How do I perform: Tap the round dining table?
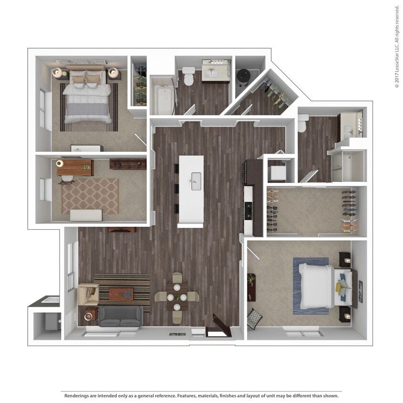(x=177, y=297)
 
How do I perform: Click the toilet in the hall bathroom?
(x=189, y=76)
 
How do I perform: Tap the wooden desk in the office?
(x=75, y=167)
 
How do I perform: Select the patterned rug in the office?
(x=90, y=196)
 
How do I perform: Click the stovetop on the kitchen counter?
(x=248, y=210)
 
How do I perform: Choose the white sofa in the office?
(x=86, y=215)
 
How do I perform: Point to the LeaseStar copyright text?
(x=397, y=46)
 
